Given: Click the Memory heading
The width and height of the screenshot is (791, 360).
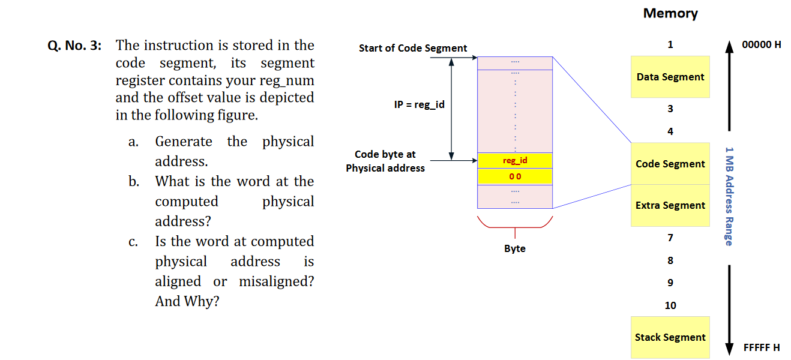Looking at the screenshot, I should [670, 13].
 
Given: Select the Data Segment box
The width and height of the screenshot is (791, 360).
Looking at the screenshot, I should [670, 77].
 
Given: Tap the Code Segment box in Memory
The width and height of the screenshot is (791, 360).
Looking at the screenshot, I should [670, 164].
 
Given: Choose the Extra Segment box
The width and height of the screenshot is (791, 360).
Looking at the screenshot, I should [670, 205].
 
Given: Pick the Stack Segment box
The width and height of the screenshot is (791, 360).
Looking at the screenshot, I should [670, 337].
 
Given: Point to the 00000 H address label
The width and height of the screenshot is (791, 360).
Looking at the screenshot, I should [761, 44].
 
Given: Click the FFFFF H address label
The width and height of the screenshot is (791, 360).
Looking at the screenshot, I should [762, 347].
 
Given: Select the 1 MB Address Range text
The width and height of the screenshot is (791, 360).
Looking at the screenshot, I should [729, 196].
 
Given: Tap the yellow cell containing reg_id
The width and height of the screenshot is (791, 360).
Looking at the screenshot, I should [515, 161].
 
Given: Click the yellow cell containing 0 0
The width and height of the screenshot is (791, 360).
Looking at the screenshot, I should [515, 176].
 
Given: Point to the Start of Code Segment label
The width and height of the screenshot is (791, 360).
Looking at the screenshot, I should [413, 48].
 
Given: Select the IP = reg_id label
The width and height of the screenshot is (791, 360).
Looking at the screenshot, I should [420, 104].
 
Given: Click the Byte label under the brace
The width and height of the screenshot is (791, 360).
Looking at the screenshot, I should [515, 248].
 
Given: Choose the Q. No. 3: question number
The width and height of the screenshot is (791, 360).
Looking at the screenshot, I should [74, 46].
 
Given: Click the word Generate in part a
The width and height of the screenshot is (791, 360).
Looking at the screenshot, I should [184, 142].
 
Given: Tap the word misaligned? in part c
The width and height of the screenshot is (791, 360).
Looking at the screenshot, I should [276, 281].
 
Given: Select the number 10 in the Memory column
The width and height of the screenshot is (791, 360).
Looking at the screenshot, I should [670, 305].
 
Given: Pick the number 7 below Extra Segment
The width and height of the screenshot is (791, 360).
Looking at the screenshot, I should [670, 238].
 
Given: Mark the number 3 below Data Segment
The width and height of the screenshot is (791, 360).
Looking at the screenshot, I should [670, 109].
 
